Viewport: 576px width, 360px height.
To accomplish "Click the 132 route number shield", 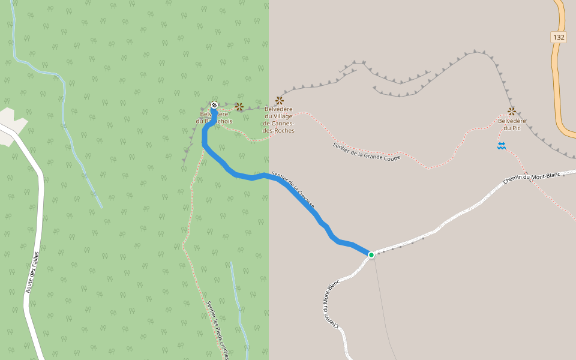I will (559, 37).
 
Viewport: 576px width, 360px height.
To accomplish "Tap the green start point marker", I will (371, 255).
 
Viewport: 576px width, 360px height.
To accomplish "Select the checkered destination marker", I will (214, 105).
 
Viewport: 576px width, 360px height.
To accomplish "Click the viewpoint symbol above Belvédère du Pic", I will (512, 111).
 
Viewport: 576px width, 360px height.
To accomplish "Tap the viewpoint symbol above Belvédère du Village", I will (280, 100).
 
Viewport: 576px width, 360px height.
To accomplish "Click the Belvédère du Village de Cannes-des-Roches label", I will (278, 119).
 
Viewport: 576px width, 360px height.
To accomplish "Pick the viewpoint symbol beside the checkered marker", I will (239, 106).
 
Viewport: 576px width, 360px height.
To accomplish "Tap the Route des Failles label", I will (32, 272).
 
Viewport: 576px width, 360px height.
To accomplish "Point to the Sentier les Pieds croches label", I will (217, 330).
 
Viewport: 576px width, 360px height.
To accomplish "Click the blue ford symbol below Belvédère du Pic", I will (502, 146).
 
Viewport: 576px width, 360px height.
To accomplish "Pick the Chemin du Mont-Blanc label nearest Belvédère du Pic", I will (532, 178).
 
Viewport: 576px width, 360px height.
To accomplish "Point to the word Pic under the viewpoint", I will (516, 128).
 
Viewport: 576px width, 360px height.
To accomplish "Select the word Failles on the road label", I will (35, 262).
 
